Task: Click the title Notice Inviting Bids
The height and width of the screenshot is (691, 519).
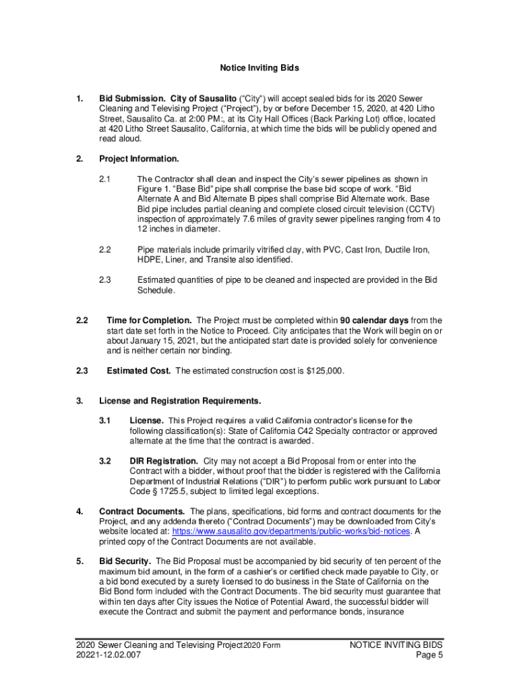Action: coord(259,68)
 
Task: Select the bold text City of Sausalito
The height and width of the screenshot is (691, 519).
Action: coord(203,99)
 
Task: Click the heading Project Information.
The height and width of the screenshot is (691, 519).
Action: coord(139,159)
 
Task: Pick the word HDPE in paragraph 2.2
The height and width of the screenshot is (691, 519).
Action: coord(150,260)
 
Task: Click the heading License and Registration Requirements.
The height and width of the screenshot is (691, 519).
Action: coord(180,402)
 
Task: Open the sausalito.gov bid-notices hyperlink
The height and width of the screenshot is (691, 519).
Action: coord(292,532)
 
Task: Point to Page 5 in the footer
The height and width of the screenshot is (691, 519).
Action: coord(429,655)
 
